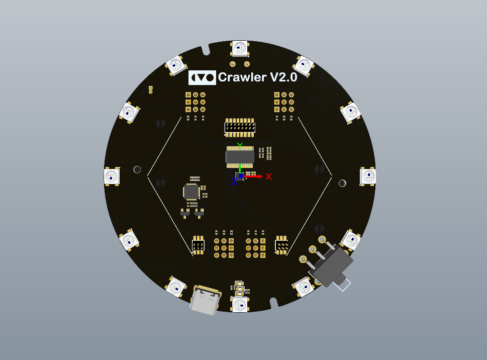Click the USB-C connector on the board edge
pos(205,300)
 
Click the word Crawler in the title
pos(242,77)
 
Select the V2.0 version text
pos(284,77)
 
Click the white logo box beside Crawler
pos(202,77)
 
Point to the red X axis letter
pos(269,177)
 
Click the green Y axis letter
pos(240,146)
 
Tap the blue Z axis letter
pos(235,182)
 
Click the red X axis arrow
pos(253,176)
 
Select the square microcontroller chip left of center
pos(191,192)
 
